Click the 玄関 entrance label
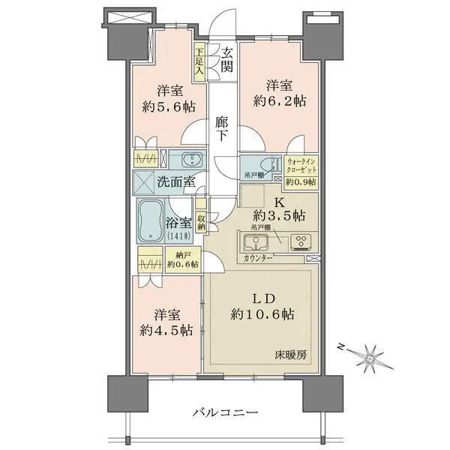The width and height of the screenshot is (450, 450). tap(226, 60)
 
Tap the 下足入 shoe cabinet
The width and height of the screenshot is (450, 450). tap(199, 61)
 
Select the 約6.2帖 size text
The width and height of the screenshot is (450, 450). tap(279, 101)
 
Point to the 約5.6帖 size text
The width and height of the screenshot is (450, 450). tap(169, 106)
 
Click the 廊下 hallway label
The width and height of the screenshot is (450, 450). tap(222, 130)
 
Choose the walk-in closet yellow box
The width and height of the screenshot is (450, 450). tap(301, 172)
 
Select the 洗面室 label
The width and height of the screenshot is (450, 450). tap(176, 181)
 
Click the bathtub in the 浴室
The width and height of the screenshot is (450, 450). tap(151, 220)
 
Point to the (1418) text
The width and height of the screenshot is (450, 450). tap(178, 236)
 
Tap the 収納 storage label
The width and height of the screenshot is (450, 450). tap(201, 222)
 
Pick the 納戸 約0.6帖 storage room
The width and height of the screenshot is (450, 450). tap(183, 259)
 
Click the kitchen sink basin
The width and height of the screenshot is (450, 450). tap(256, 241)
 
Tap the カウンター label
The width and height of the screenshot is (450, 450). tap(257, 258)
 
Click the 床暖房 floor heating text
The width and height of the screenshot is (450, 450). tap(291, 355)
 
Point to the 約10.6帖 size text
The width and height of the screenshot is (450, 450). tap(262, 314)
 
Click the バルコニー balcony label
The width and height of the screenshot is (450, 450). tap(225, 413)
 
